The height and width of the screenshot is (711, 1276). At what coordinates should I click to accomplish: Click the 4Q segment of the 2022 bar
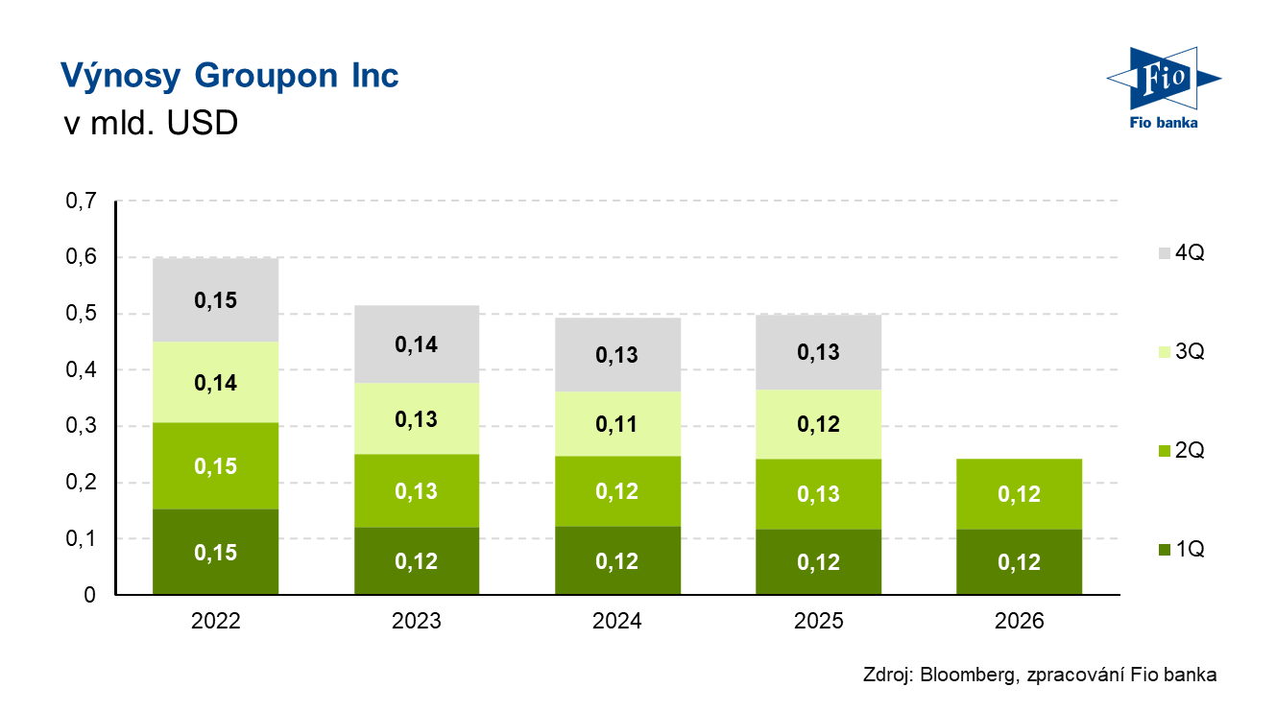pyautogui.click(x=215, y=300)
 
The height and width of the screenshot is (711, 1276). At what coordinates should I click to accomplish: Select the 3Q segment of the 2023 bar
pyautogui.click(x=417, y=418)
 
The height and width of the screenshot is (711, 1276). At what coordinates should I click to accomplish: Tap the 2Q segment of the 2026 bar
pyautogui.click(x=1019, y=494)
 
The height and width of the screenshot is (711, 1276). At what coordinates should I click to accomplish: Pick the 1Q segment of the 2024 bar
pyautogui.click(x=617, y=560)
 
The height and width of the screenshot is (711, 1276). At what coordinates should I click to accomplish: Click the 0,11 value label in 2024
pyautogui.click(x=616, y=424)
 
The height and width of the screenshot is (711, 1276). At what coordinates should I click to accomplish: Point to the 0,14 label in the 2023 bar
pyautogui.click(x=416, y=344)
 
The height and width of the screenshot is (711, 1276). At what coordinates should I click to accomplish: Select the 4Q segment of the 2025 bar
pyautogui.click(x=819, y=352)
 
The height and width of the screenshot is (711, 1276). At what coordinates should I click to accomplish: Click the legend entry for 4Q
pyautogui.click(x=1182, y=252)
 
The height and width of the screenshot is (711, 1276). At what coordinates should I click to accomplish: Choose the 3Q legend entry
pyautogui.click(x=1182, y=352)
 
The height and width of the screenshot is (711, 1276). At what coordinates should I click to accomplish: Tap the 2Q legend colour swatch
pyautogui.click(x=1165, y=451)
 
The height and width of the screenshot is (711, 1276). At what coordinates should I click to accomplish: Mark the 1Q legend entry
pyautogui.click(x=1182, y=550)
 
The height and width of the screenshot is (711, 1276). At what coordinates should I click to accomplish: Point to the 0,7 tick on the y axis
pyautogui.click(x=81, y=201)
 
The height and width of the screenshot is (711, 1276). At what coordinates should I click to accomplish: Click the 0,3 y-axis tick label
pyautogui.click(x=81, y=426)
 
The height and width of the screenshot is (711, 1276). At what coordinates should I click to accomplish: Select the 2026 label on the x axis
pyautogui.click(x=1019, y=621)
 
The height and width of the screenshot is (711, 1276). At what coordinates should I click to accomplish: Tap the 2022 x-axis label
pyautogui.click(x=215, y=621)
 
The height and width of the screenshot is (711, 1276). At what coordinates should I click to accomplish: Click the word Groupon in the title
pyautogui.click(x=266, y=77)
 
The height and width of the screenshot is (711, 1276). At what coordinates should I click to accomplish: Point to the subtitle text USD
pyautogui.click(x=203, y=123)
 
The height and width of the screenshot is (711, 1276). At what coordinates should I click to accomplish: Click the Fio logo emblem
pyautogui.click(x=1164, y=79)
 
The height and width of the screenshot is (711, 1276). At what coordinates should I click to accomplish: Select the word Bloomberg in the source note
pyautogui.click(x=968, y=675)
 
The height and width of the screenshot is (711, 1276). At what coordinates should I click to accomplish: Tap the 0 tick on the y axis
pyautogui.click(x=89, y=595)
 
